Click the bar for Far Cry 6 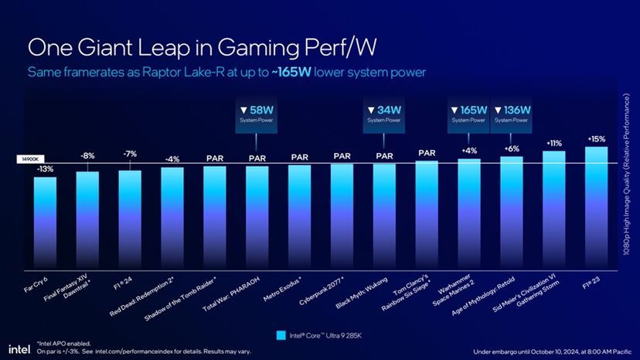pyautogui.click(x=45, y=220)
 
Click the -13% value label pyautogui.click(x=45, y=168)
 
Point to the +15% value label pyautogui.click(x=596, y=139)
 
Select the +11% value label pyautogui.click(x=553, y=143)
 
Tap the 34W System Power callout pyautogui.click(x=383, y=114)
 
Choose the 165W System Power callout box pyautogui.click(x=468, y=114)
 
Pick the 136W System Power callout pyautogui.click(x=511, y=114)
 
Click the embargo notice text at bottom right pyautogui.click(x=547, y=348)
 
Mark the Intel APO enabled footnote pyautogui.click(x=63, y=342)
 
